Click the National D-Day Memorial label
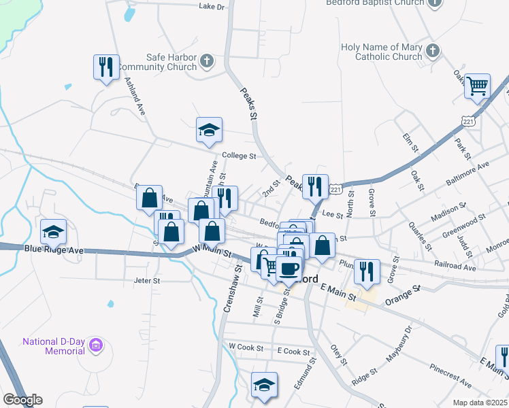(54, 345)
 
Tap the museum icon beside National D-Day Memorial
(97, 345)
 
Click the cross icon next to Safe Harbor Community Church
(208, 63)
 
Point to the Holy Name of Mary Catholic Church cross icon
(432, 51)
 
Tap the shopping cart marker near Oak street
(478, 85)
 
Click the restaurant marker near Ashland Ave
(106, 67)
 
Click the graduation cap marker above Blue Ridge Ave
(54, 232)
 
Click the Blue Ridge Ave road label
(54, 250)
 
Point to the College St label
(238, 156)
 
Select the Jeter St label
(147, 279)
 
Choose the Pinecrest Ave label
(449, 376)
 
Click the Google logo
(22, 400)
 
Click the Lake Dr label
(212, 7)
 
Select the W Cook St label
(246, 347)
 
